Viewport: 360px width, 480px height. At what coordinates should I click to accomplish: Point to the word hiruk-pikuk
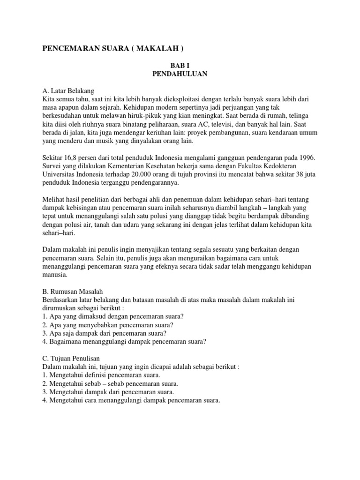151,117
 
